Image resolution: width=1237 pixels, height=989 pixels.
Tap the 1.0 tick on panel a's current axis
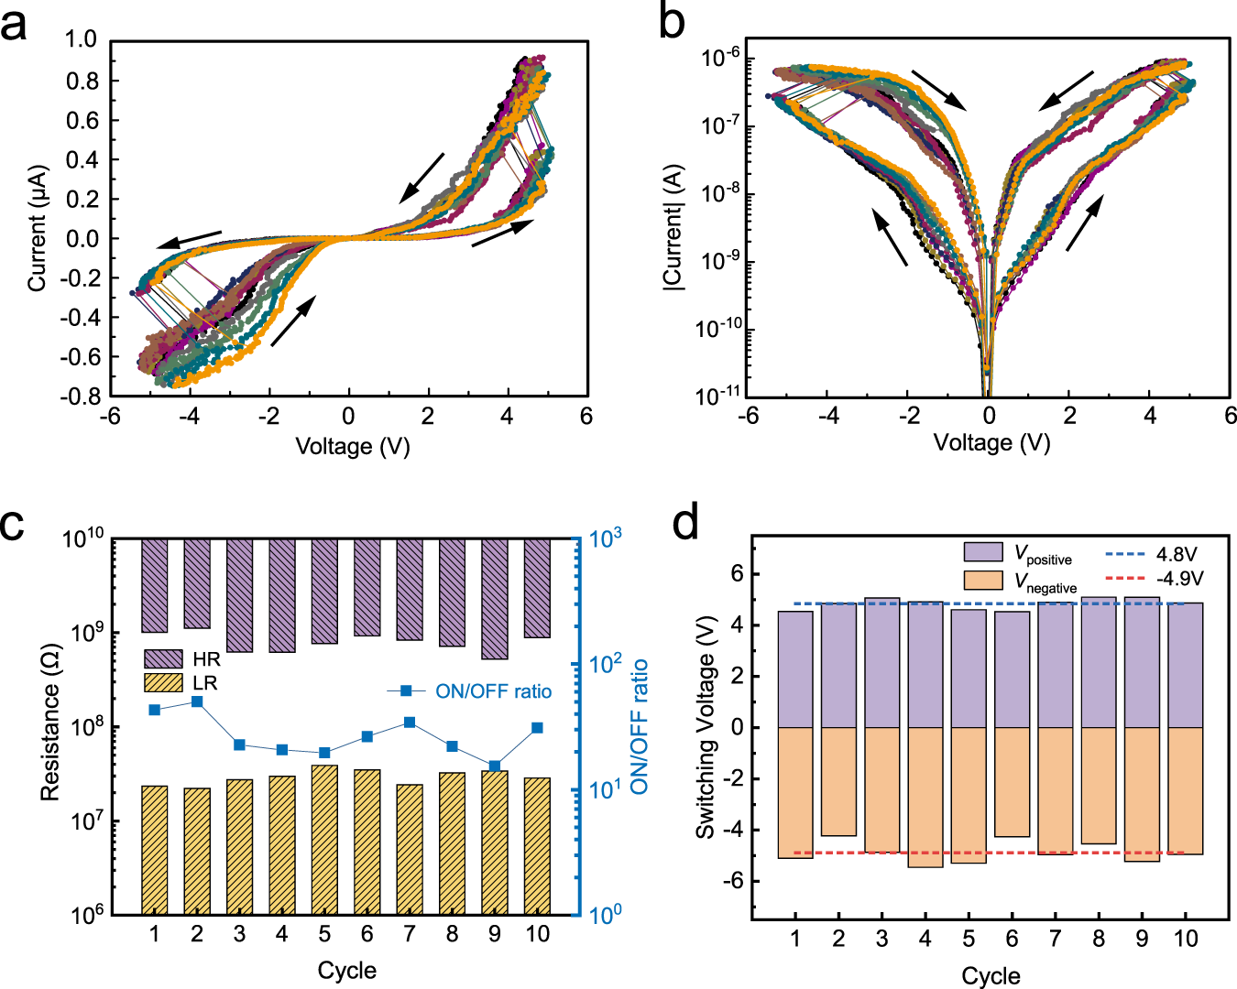pos(81,39)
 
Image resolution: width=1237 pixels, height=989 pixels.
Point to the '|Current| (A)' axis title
pos(673,228)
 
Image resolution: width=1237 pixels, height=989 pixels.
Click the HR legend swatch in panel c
pos(163,658)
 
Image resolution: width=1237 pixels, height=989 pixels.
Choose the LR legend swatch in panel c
pos(163,683)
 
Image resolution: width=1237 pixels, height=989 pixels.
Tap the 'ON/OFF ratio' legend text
pos(493,691)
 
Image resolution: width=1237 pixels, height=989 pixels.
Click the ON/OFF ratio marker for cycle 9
pos(495,766)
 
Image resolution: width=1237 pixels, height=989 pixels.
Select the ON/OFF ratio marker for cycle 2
pos(197,701)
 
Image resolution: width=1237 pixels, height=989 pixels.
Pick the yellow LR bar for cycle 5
pos(324,839)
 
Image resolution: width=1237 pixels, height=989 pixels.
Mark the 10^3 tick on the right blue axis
pos(606,538)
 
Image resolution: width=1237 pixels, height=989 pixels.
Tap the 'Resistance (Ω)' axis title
pos(49,723)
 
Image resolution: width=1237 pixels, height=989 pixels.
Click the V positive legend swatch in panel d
pos(983,552)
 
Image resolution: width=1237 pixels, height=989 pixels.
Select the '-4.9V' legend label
pos(1178,579)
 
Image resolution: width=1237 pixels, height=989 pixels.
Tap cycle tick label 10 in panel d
pos(1186,939)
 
